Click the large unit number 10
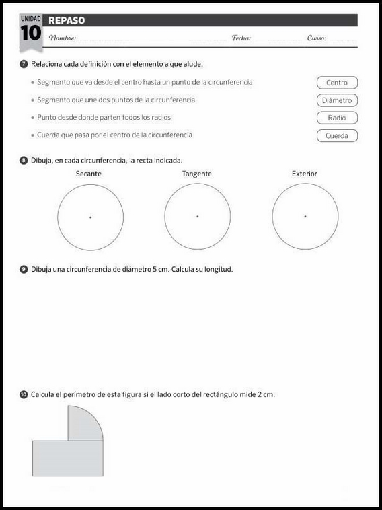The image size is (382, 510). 30,33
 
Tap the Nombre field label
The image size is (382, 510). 63,38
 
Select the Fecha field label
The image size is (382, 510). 241,38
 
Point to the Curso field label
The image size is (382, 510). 317,38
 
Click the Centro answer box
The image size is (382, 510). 337,83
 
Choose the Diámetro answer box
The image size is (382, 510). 337,100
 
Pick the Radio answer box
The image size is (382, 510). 337,118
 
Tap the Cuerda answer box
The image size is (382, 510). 337,135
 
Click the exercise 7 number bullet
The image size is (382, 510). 24,64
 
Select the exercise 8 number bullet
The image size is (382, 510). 24,160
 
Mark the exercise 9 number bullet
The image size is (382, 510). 24,269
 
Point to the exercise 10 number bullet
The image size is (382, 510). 24,394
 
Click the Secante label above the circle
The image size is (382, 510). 89,174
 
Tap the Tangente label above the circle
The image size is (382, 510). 196,174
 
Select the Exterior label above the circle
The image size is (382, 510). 304,174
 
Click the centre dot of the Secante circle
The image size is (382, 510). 90,217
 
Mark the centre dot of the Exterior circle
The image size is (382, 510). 305,217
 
